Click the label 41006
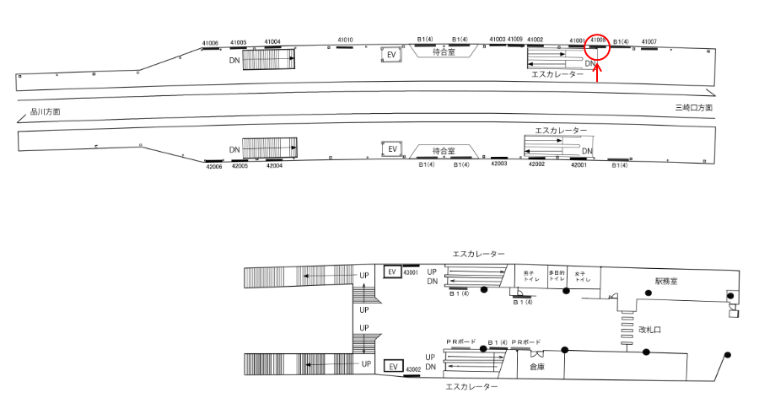pos(210,43)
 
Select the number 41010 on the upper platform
pos(345,40)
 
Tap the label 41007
pos(649,41)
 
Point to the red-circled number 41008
pos(598,40)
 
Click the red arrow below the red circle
pos(597,75)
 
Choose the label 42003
pos(498,164)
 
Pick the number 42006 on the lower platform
pos(213,167)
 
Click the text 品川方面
pos(46,111)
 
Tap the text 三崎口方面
pos(694,108)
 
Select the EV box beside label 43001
pos(391,272)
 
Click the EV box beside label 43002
pos(391,368)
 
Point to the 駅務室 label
pos(667,280)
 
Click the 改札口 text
pos(649,330)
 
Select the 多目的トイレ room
pos(556,277)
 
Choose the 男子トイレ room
pos(530,277)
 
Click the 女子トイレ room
pos(582,277)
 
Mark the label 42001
pos(579,165)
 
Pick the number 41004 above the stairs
pos(272,41)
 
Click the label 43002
pos(412,369)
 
